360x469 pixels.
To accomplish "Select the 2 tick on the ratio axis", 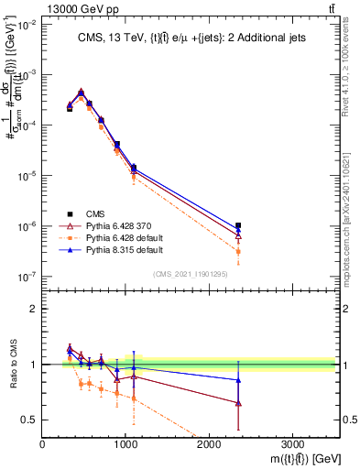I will [34, 309].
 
